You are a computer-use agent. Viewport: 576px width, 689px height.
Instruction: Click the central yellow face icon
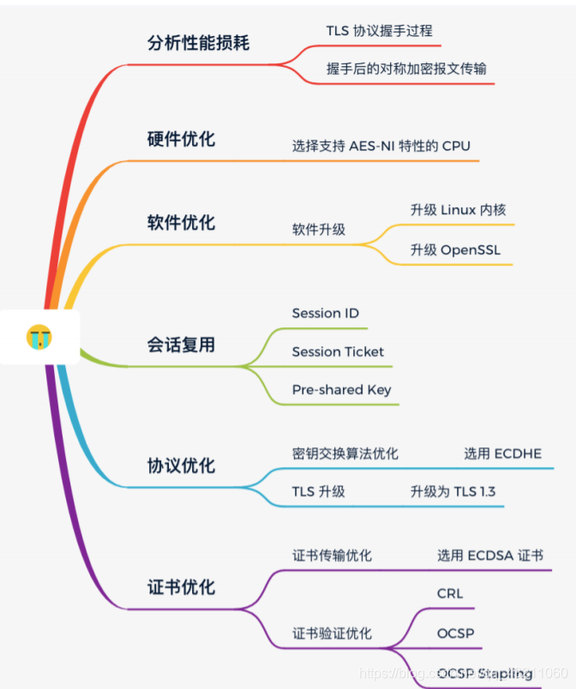[39, 337]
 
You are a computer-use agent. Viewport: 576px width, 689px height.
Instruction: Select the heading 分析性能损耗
[198, 43]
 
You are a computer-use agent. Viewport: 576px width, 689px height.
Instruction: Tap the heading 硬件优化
[181, 140]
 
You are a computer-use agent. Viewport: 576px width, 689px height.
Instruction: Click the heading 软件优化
[181, 224]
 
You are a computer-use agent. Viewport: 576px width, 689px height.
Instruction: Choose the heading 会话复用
[181, 345]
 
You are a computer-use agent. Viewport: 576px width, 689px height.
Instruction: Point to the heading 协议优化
[181, 466]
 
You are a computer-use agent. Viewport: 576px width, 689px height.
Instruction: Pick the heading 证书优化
[181, 588]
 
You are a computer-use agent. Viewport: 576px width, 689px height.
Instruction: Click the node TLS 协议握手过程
[379, 31]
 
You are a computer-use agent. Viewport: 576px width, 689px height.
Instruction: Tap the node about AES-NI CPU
[381, 146]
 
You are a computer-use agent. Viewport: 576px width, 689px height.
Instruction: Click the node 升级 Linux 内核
[463, 210]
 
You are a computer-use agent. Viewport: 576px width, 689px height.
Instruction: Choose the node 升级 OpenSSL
[454, 250]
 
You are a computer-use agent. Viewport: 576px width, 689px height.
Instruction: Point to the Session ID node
[325, 314]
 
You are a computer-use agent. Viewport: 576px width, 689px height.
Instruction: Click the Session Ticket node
[338, 352]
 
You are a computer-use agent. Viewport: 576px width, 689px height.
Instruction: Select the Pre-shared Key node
[341, 390]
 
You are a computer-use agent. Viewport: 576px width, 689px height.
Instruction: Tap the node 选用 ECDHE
[502, 454]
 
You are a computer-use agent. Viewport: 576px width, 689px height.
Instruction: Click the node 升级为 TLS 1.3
[453, 492]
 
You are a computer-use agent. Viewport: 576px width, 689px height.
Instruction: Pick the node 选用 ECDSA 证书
[489, 555]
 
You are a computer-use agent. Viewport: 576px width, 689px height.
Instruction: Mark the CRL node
[450, 593]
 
